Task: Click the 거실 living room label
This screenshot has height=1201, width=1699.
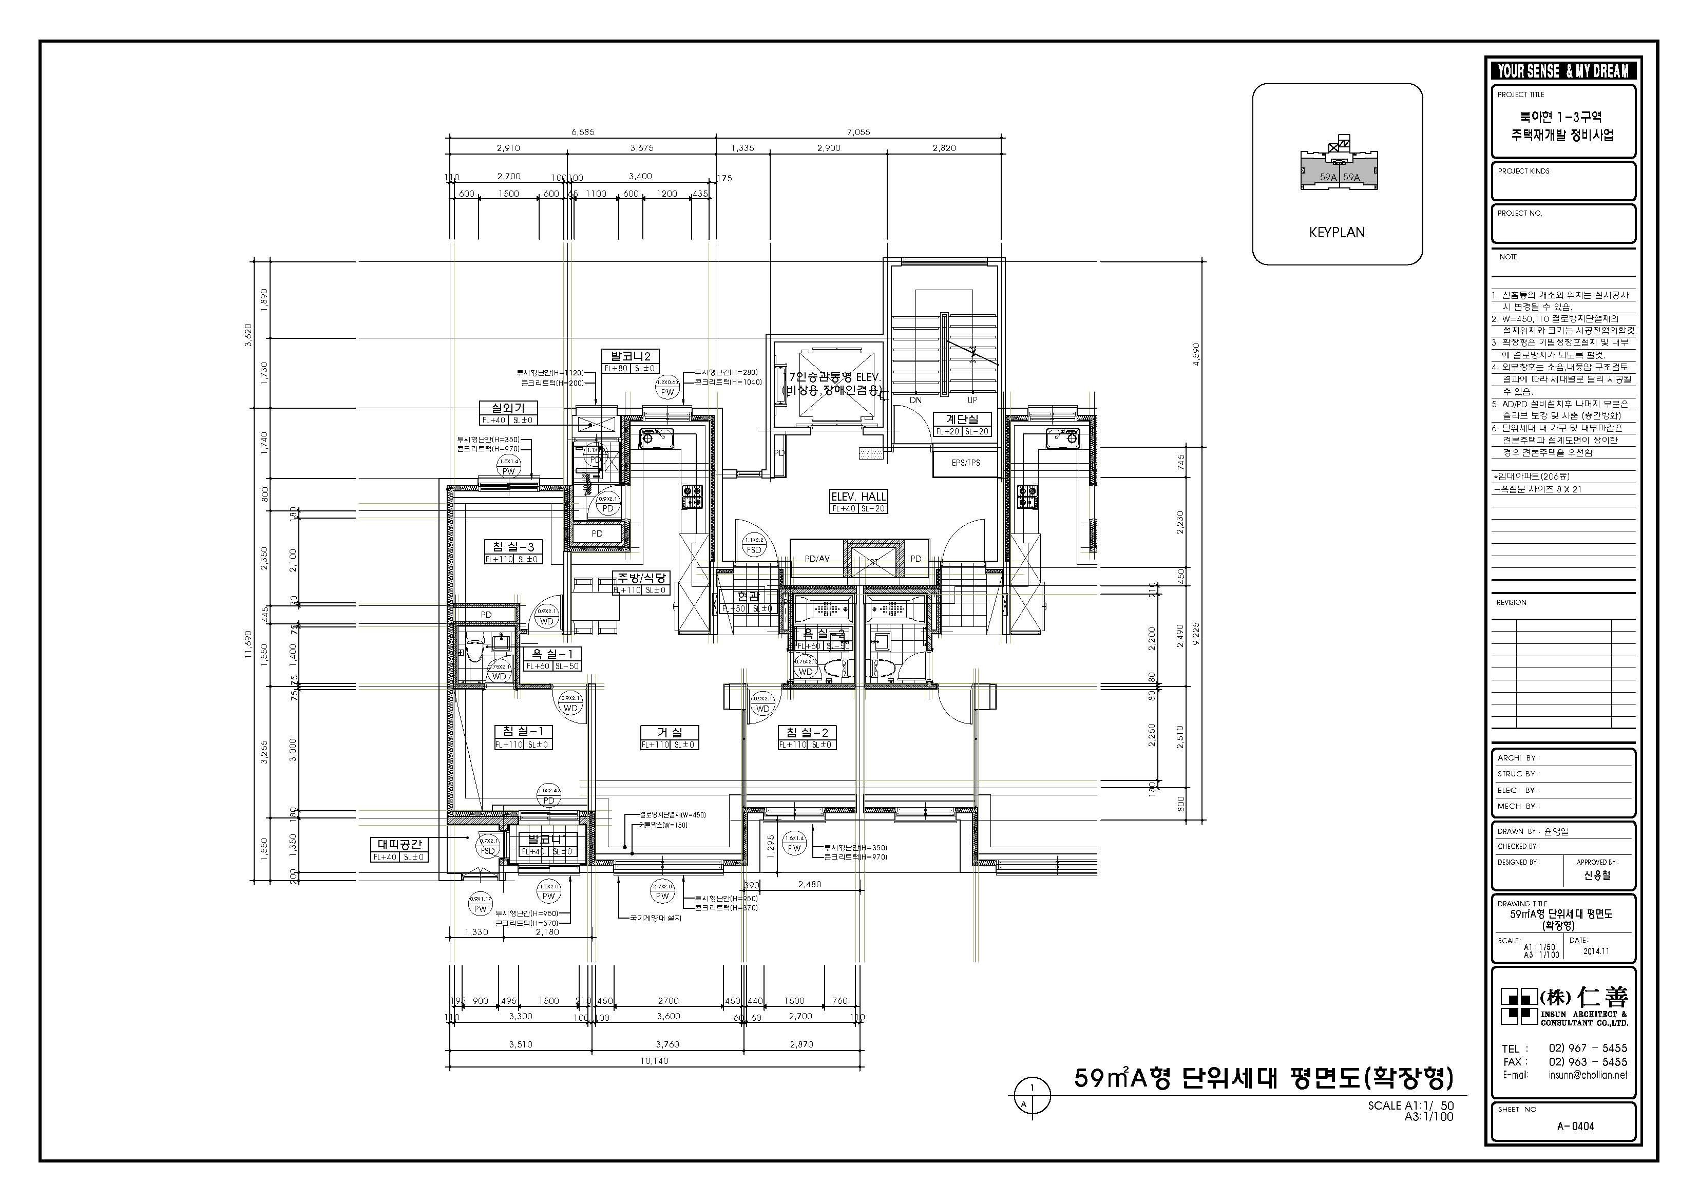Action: click(x=669, y=733)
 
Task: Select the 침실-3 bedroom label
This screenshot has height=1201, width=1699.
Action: click(x=513, y=547)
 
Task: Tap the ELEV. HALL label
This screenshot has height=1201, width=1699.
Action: click(x=858, y=497)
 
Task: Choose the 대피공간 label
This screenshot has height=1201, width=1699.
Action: click(x=399, y=844)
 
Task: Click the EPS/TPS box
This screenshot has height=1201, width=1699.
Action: click(x=966, y=463)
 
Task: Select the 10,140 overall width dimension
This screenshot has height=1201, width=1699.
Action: click(x=654, y=1060)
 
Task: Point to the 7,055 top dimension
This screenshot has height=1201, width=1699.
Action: click(x=858, y=132)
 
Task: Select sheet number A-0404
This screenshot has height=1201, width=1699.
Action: click(x=1575, y=1126)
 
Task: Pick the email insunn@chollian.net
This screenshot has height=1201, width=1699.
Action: click(x=1587, y=1075)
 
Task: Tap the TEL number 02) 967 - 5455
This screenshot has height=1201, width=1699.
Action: click(x=1587, y=1048)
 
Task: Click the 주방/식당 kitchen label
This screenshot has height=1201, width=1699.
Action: click(x=642, y=578)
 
